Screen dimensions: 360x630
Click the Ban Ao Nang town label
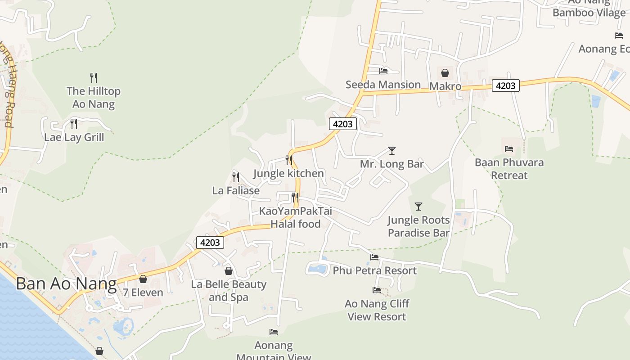[66, 284]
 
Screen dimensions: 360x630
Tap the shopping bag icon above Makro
[445, 73]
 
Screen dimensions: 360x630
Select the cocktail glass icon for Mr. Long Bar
[392, 151]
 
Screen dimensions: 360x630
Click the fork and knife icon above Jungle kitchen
[289, 160]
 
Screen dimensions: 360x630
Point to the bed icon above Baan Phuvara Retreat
[509, 149]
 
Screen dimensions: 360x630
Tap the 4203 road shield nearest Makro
[505, 85]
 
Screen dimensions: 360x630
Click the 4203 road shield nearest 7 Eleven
[210, 243]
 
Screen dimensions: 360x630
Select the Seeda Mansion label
[383, 85]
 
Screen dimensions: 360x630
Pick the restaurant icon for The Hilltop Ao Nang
[94, 78]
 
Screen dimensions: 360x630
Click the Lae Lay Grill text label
[74, 137]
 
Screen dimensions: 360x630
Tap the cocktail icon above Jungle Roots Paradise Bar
[418, 207]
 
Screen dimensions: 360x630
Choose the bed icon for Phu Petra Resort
[374, 257]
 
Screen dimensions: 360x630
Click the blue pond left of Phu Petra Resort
[318, 269]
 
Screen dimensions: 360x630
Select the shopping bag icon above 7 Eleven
[143, 279]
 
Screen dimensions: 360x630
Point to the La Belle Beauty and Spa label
[229, 291]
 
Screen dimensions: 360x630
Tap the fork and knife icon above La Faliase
[236, 177]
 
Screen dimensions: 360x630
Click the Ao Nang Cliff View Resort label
[377, 310]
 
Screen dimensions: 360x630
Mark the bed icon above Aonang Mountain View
[274, 332]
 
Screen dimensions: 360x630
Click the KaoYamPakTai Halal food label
[295, 217]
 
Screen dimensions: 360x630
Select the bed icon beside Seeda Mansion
[383, 71]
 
